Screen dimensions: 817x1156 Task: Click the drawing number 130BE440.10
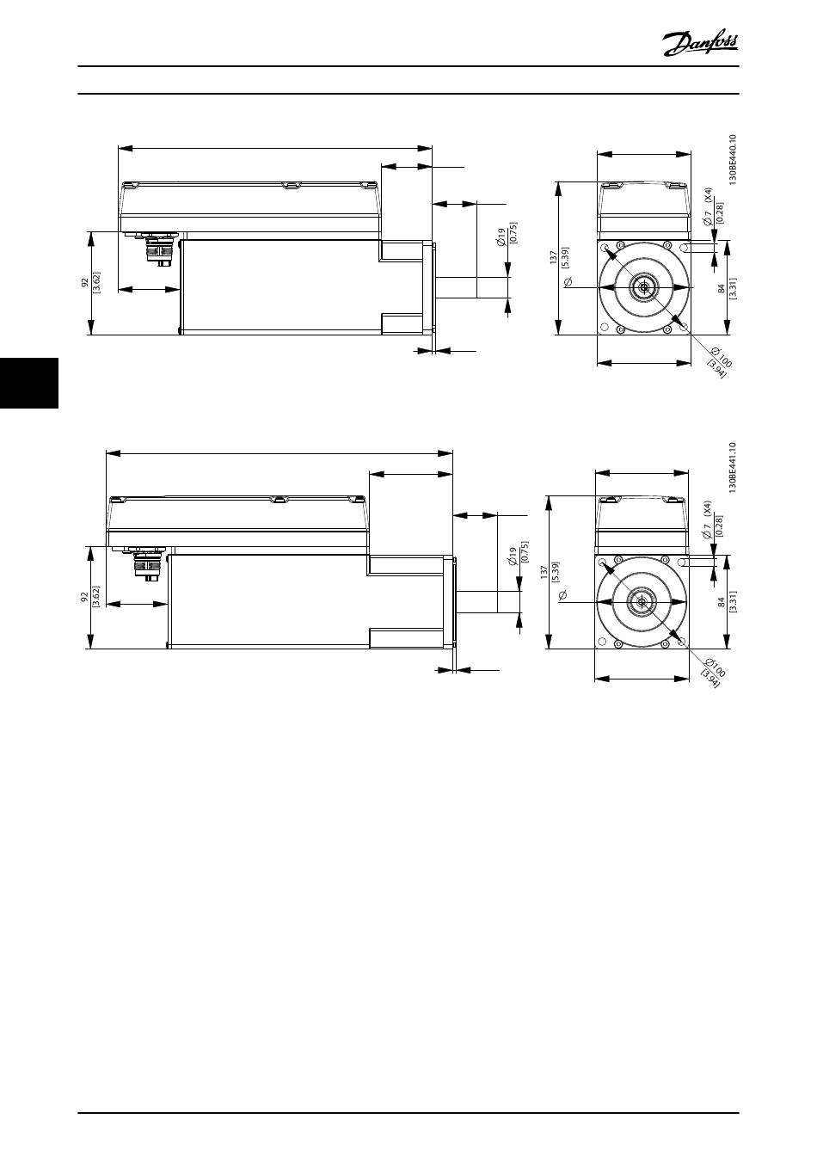(x=733, y=159)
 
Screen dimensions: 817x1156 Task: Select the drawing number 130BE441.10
(x=733, y=467)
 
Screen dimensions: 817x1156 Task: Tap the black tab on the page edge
(x=29, y=383)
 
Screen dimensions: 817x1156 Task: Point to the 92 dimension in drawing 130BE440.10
(x=84, y=282)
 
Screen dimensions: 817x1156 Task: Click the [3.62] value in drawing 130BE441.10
(x=96, y=597)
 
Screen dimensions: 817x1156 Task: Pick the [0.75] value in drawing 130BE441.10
(x=525, y=551)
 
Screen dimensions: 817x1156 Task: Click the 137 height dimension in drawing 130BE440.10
(x=554, y=257)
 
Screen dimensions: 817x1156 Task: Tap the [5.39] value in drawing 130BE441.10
(x=556, y=572)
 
